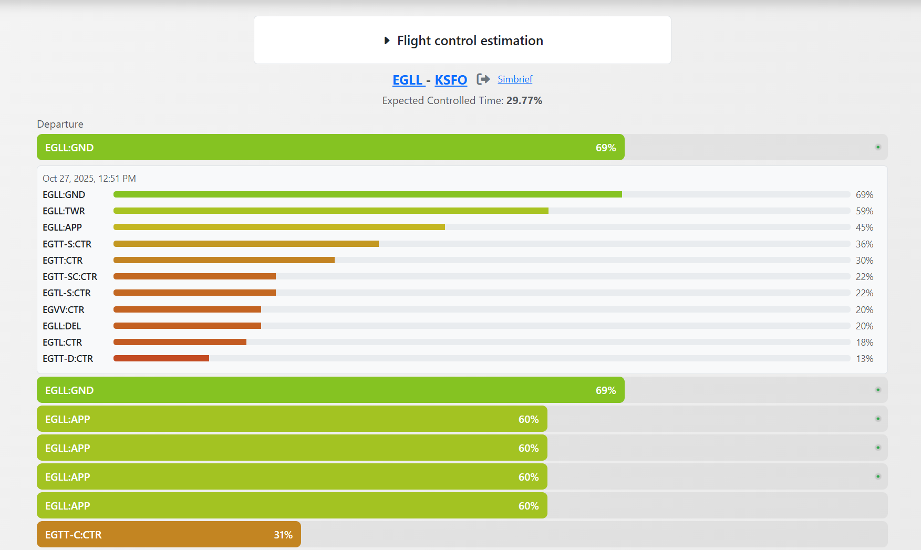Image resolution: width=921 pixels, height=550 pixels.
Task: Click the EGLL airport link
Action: click(x=408, y=80)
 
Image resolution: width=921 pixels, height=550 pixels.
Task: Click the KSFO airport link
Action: click(x=451, y=80)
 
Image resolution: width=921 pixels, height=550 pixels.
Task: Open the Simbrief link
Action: click(x=515, y=79)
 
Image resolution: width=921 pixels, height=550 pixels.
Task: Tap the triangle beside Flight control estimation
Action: click(x=387, y=40)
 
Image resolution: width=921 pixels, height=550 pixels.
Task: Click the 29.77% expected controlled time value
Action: click(x=524, y=100)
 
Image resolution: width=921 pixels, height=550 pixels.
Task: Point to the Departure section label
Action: click(x=60, y=124)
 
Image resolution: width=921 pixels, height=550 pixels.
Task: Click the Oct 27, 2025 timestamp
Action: click(x=89, y=179)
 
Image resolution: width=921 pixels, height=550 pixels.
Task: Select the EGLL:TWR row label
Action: click(x=64, y=211)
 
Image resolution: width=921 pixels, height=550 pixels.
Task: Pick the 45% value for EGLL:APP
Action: click(x=864, y=227)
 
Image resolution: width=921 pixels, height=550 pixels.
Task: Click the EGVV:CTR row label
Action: click(x=64, y=310)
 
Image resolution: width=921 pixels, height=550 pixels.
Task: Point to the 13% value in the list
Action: click(x=864, y=359)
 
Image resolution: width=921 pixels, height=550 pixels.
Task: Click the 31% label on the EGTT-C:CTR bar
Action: click(x=283, y=535)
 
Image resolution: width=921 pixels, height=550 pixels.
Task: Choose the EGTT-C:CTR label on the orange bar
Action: click(x=74, y=535)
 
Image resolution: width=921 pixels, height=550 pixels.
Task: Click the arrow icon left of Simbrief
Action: click(x=483, y=79)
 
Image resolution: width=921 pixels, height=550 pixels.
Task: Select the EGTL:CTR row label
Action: click(x=62, y=343)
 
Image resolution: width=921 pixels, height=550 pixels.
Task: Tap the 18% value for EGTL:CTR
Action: click(x=864, y=343)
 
